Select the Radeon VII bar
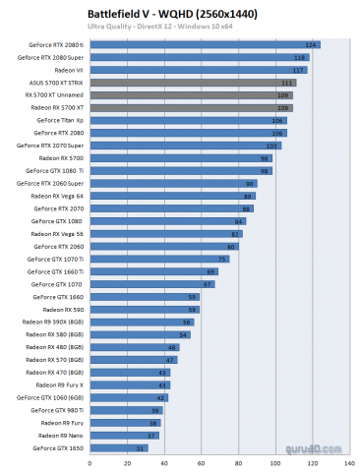(x=197, y=70)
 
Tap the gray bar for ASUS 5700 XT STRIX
(x=193, y=83)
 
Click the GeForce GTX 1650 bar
(x=118, y=447)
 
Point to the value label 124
(x=312, y=45)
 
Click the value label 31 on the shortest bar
(x=141, y=447)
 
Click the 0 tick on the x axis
(x=90, y=460)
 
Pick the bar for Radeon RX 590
(x=144, y=309)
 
